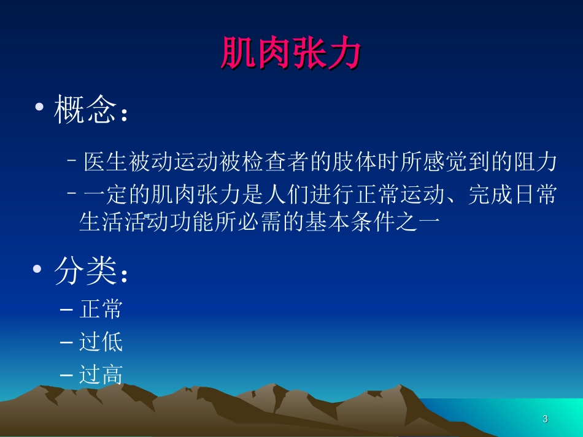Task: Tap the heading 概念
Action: (x=85, y=110)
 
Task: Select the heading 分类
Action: (x=85, y=271)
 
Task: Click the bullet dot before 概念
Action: (x=40, y=108)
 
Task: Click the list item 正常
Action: (x=101, y=310)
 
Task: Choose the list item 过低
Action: (x=101, y=341)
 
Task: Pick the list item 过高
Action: (x=101, y=374)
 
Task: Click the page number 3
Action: (x=545, y=419)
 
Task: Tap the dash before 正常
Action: (x=68, y=310)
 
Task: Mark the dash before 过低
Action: (x=68, y=342)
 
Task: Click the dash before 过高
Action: (x=68, y=374)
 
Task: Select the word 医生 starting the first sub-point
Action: (x=106, y=162)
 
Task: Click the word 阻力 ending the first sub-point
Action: (x=534, y=162)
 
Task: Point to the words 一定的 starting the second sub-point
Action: (x=117, y=196)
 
